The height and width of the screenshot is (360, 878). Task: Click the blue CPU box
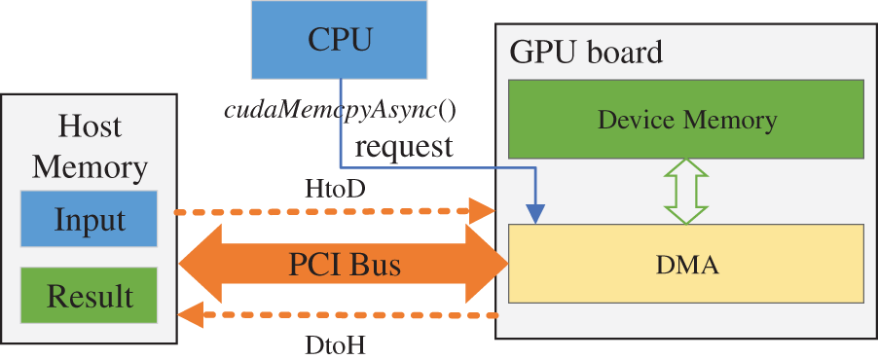pyautogui.click(x=339, y=39)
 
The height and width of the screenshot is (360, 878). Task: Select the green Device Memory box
pyautogui.click(x=686, y=120)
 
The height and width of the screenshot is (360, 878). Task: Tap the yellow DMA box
pyautogui.click(x=686, y=264)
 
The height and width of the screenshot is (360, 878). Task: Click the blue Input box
pyautogui.click(x=89, y=219)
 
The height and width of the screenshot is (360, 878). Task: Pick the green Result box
pyautogui.click(x=89, y=296)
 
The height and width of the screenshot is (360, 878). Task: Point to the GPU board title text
pyautogui.click(x=585, y=52)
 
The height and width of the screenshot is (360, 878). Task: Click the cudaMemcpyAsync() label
pyautogui.click(x=340, y=109)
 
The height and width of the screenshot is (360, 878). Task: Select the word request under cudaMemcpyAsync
pyautogui.click(x=403, y=147)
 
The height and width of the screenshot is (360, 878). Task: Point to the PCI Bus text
pyautogui.click(x=345, y=265)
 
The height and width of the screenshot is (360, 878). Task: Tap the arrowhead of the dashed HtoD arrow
pyautogui.click(x=482, y=210)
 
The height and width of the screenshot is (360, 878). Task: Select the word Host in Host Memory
pyautogui.click(x=90, y=126)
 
